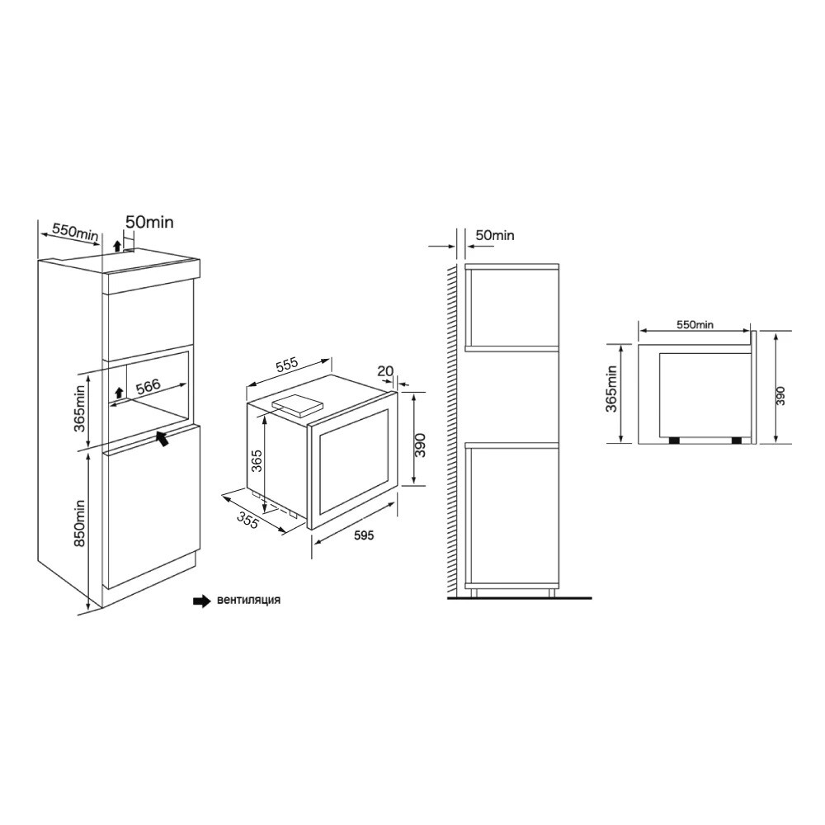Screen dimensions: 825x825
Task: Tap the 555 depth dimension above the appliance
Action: click(x=286, y=365)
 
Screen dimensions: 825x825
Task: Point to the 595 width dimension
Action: click(x=364, y=535)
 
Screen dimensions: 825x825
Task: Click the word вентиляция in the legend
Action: click(x=248, y=601)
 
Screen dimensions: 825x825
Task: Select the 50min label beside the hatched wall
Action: click(x=495, y=236)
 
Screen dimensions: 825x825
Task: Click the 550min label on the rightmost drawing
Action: click(x=695, y=325)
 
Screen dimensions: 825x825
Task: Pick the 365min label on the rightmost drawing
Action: click(x=611, y=390)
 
